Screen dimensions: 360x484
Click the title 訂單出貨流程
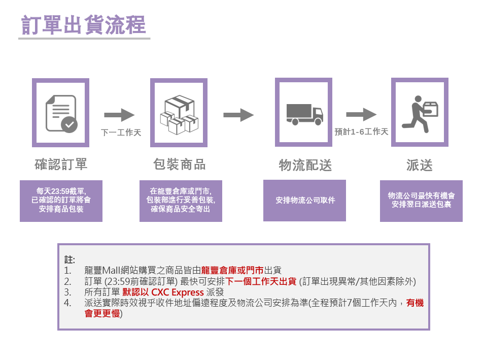(84, 25)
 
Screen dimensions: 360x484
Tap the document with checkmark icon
(61, 113)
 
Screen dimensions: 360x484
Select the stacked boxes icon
(179, 114)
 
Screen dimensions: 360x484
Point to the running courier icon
(420, 113)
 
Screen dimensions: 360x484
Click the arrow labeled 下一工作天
(120, 115)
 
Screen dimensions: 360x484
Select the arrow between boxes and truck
(238, 115)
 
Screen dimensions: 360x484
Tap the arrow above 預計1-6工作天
(361, 115)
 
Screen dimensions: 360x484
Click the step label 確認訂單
(61, 164)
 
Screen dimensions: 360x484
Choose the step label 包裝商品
(180, 164)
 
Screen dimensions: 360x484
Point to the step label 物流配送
(305, 165)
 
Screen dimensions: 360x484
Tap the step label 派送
(420, 165)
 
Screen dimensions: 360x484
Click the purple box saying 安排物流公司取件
(305, 200)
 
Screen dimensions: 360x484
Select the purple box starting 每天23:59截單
(61, 201)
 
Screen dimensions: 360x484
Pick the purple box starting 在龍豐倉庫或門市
(181, 201)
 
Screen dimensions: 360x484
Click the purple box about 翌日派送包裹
(421, 201)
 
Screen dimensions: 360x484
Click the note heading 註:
(70, 260)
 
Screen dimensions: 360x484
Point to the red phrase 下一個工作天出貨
(261, 281)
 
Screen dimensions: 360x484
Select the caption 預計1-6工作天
(361, 132)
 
